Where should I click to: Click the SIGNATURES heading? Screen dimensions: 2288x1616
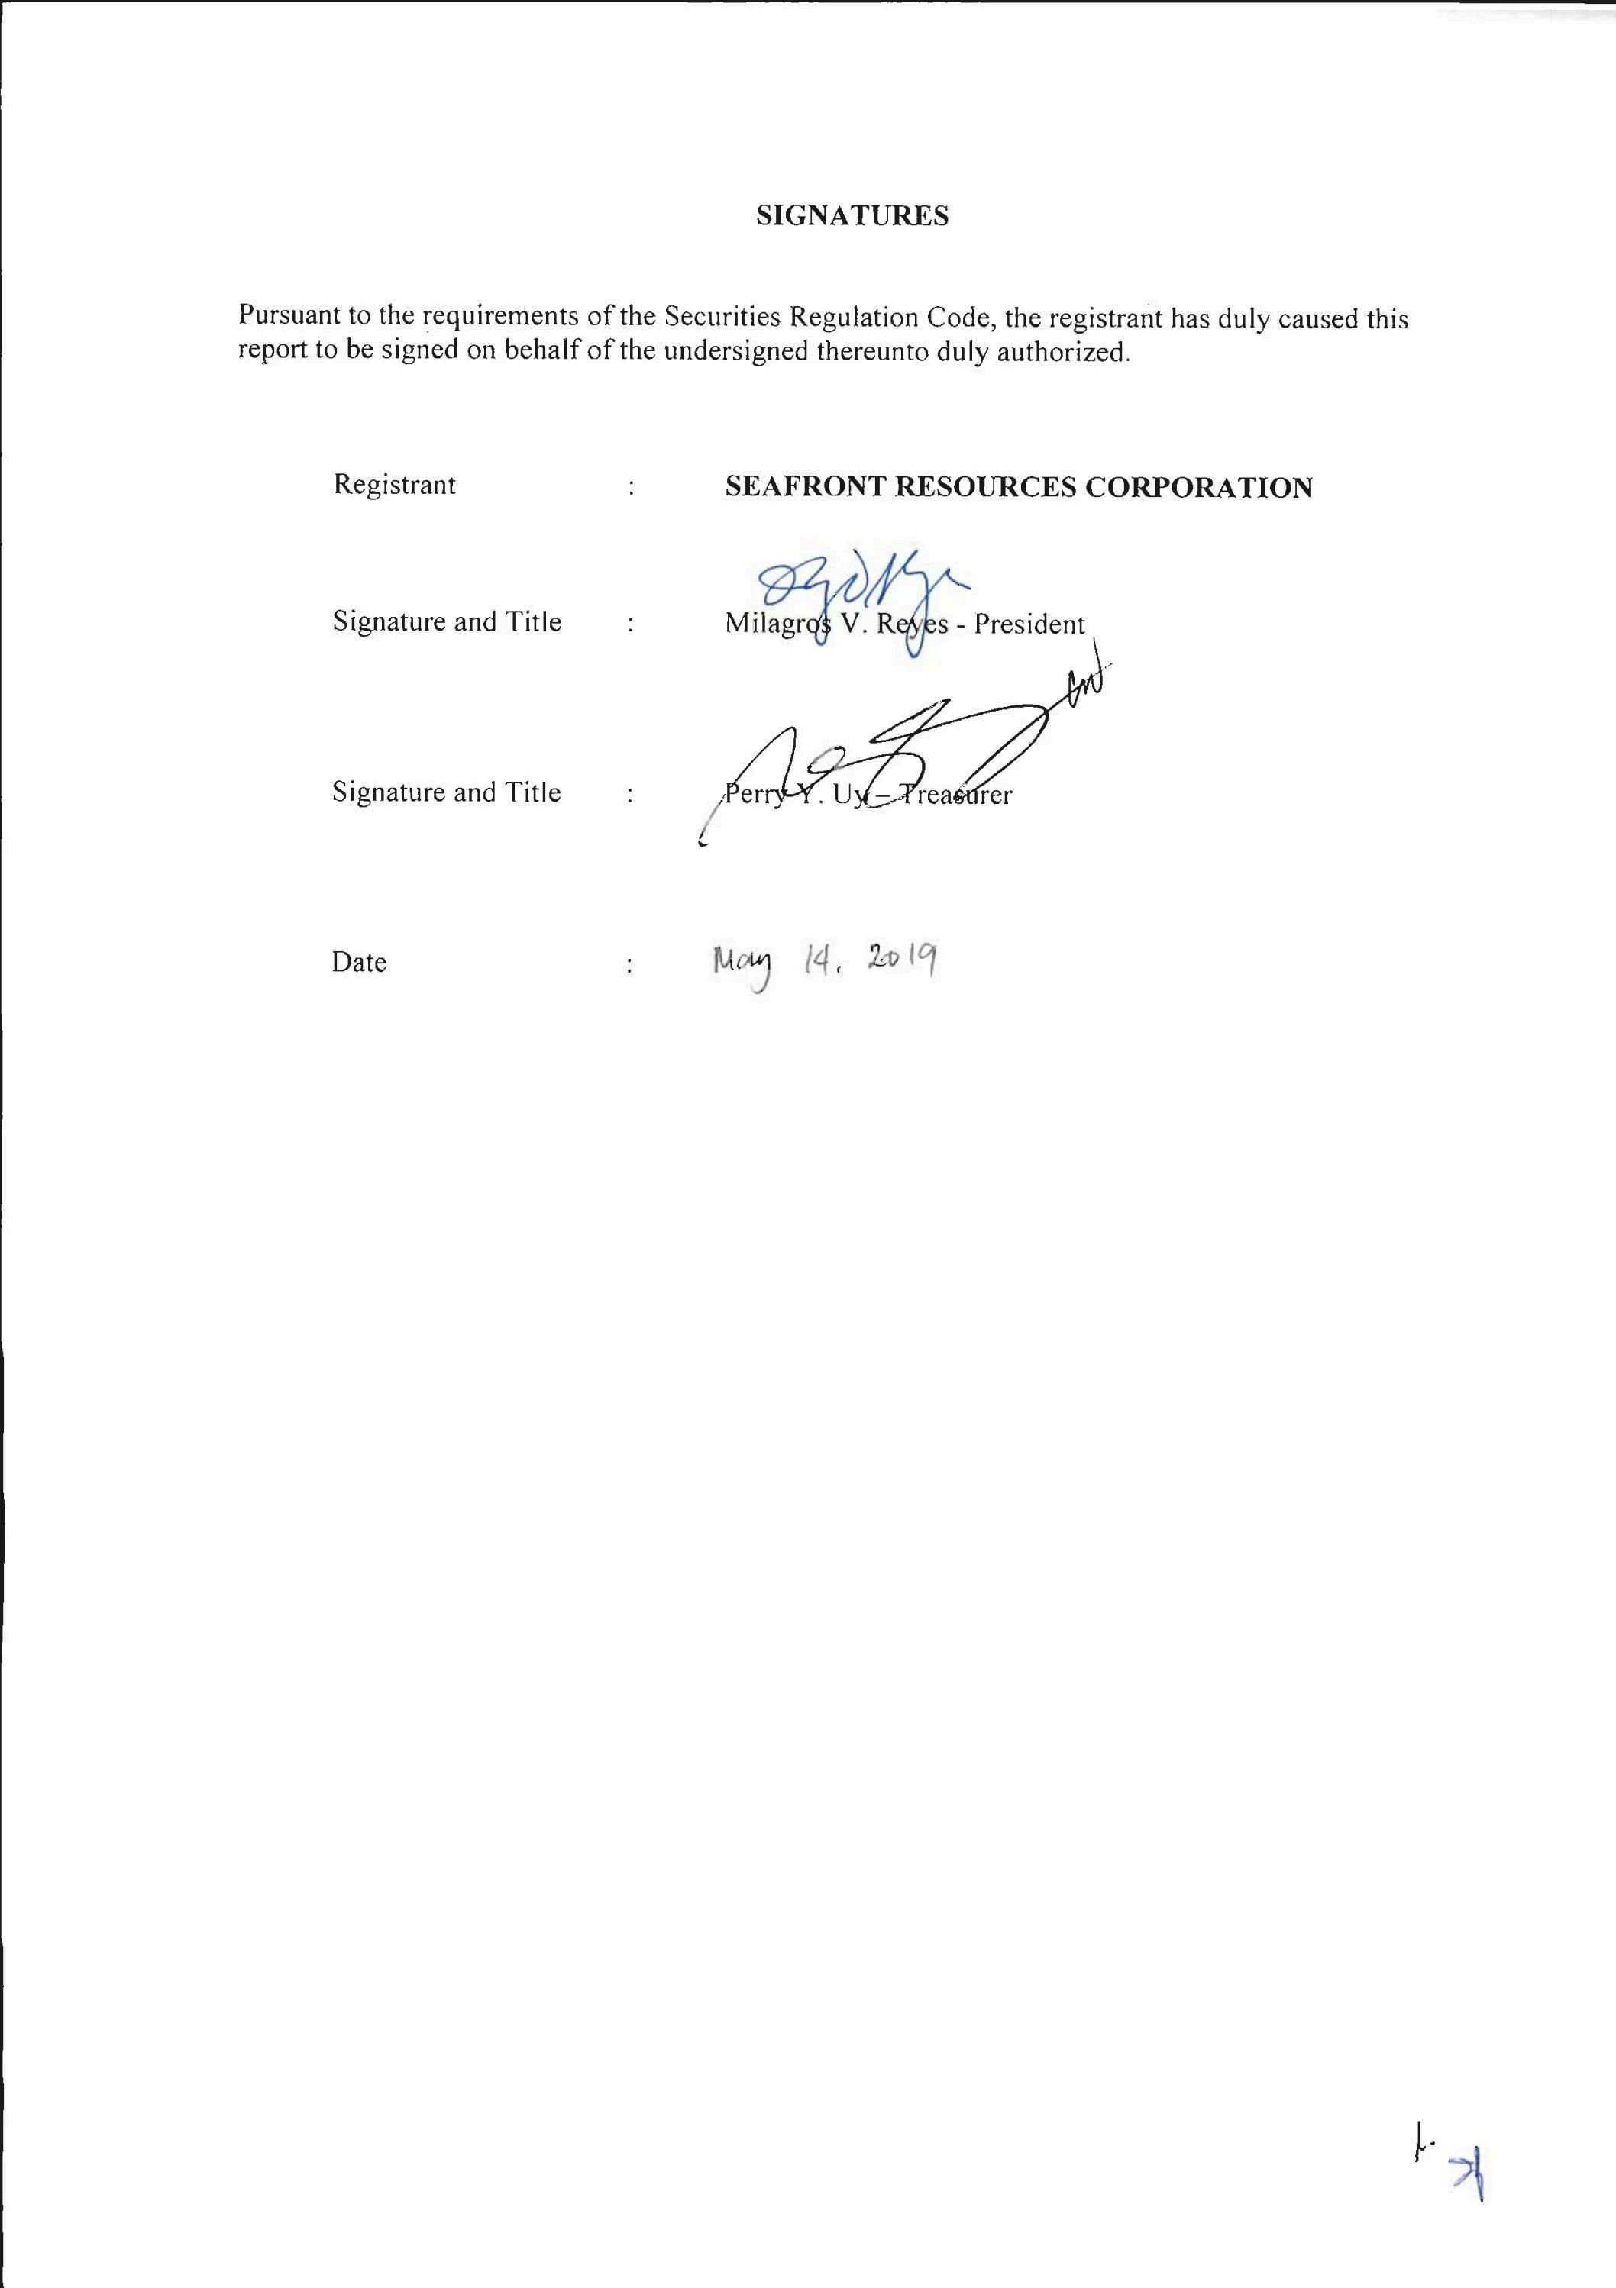tap(852, 216)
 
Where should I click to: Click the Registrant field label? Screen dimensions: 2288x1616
tap(395, 486)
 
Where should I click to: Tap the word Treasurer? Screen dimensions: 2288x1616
tap(957, 795)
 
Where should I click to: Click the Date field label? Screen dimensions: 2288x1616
tap(359, 963)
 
